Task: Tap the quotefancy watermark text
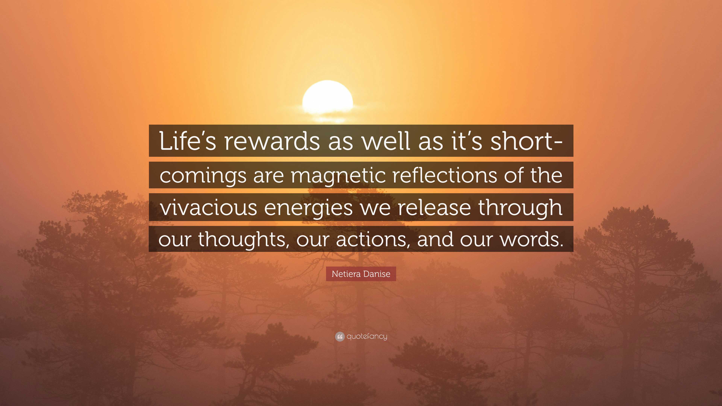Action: pyautogui.click(x=367, y=336)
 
